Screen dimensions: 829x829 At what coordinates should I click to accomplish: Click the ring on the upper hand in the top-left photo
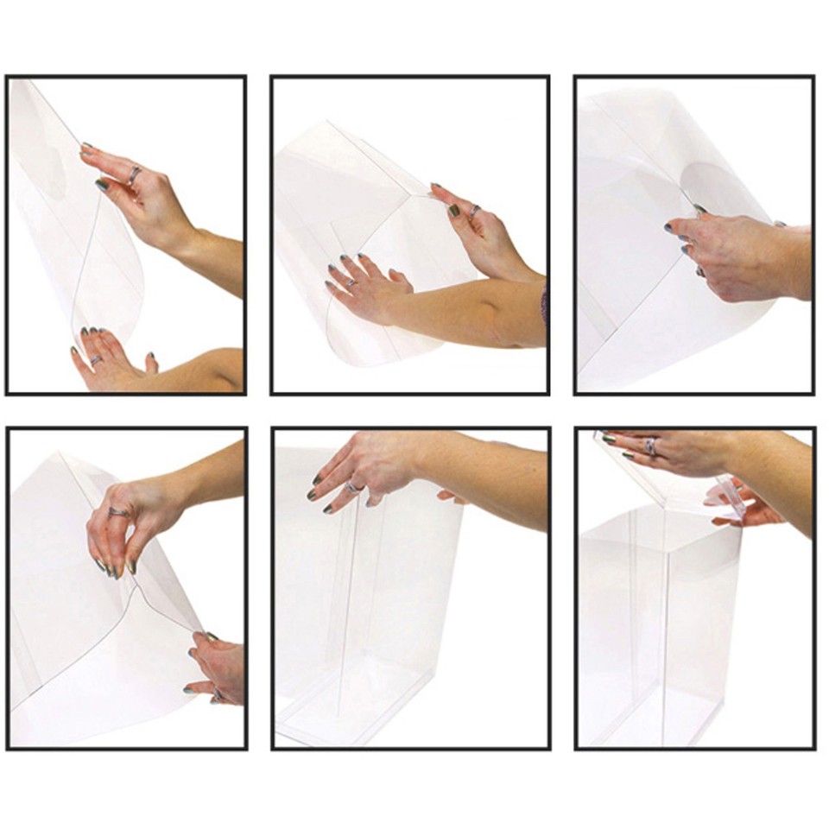135,175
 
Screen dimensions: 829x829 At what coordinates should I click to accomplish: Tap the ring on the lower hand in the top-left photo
95,359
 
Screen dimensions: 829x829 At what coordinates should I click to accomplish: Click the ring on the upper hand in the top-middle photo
474,210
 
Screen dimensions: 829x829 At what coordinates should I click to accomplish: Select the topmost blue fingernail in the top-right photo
699,209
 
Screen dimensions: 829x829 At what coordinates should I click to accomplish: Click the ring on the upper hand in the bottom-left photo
118,511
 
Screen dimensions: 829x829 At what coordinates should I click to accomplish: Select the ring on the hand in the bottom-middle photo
352,488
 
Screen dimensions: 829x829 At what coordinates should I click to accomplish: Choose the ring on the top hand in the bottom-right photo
649,446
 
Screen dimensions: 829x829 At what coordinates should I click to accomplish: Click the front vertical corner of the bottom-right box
665,630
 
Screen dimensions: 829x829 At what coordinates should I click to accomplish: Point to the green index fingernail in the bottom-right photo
609,440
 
